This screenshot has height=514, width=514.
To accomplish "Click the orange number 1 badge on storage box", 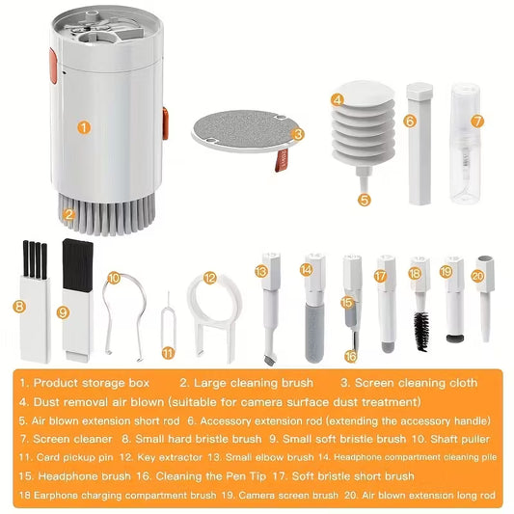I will (84, 125).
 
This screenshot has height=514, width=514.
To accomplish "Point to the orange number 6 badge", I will (410, 122).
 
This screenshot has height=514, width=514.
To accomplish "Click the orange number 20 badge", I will (477, 275).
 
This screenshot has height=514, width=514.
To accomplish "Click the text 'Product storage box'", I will (92, 383).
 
